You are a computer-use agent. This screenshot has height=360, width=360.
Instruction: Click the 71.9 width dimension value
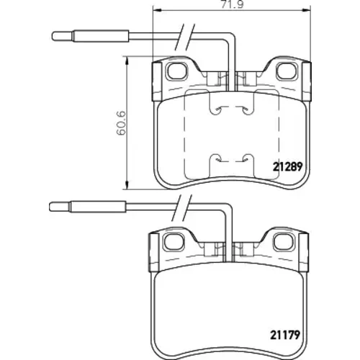click(x=232, y=4)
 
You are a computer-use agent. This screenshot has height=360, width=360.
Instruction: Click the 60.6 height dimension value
click(x=121, y=123)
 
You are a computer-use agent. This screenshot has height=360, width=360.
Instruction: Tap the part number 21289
click(x=287, y=166)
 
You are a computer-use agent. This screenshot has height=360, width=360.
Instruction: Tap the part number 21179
click(x=285, y=335)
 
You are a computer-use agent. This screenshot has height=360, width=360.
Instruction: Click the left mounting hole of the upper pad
click(x=177, y=71)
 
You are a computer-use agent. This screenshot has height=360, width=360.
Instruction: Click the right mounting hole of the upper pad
click(x=287, y=71)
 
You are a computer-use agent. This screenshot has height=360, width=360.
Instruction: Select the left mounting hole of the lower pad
click(x=174, y=241)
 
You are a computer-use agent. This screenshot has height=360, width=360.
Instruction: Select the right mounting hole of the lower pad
click(x=284, y=241)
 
